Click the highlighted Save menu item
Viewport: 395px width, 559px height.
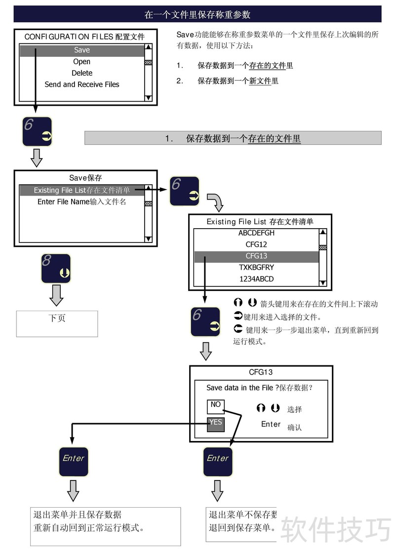click(x=82, y=50)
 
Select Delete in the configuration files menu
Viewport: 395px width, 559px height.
click(x=82, y=73)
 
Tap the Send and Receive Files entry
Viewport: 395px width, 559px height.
click(x=82, y=84)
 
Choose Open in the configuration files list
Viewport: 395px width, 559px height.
click(x=82, y=62)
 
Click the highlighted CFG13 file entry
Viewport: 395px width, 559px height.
click(x=256, y=256)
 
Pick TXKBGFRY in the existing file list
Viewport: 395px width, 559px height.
click(x=256, y=268)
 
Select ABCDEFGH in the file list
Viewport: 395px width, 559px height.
click(x=256, y=233)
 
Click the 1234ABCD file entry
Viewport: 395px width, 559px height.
click(x=256, y=279)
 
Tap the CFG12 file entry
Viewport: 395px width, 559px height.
click(x=256, y=244)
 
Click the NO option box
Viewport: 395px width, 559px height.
click(x=216, y=405)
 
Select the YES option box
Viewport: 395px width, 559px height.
click(x=216, y=423)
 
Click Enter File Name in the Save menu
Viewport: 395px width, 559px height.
click(x=82, y=202)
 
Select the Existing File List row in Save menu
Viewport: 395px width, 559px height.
click(x=82, y=191)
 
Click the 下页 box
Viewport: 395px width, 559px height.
click(x=57, y=323)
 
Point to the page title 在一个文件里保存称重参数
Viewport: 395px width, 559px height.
click(x=197, y=14)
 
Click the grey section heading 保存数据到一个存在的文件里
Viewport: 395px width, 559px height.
click(x=233, y=138)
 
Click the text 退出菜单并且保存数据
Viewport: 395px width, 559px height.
click(x=78, y=515)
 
